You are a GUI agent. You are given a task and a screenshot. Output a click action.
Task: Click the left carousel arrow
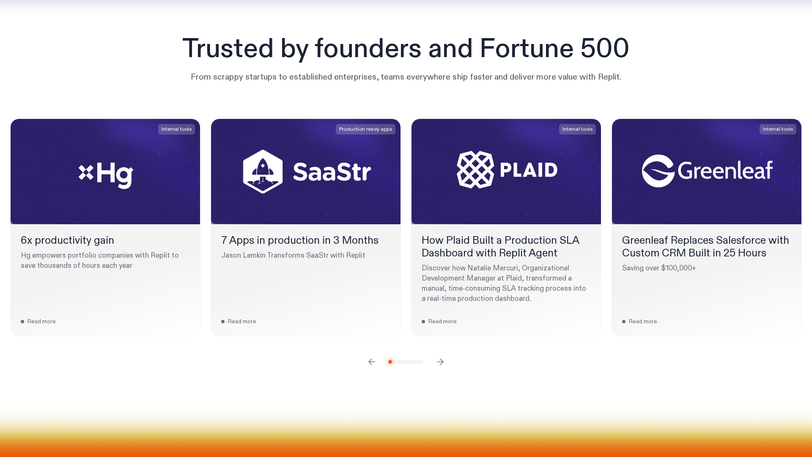click(371, 362)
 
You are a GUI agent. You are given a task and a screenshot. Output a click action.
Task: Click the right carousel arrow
click(440, 362)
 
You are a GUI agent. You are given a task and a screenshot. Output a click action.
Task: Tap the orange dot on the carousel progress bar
click(390, 362)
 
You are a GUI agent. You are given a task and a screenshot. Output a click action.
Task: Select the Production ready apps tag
click(365, 129)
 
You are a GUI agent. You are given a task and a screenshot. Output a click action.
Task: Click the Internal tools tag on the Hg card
click(176, 129)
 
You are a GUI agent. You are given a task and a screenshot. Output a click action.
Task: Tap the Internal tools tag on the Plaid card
click(577, 129)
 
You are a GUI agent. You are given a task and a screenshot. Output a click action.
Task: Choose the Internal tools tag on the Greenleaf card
click(778, 129)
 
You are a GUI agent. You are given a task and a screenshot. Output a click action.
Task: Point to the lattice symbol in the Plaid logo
click(475, 170)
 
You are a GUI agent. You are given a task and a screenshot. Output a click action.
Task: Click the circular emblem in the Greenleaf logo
click(658, 171)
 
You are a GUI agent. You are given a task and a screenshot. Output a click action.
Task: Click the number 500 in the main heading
click(605, 48)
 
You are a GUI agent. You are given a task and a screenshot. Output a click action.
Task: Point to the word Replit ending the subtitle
click(609, 77)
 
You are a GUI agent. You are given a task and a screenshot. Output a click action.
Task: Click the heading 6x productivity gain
click(67, 240)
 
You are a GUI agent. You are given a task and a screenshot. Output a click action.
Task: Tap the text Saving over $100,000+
click(659, 268)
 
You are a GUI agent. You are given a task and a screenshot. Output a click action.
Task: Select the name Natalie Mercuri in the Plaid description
click(493, 268)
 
